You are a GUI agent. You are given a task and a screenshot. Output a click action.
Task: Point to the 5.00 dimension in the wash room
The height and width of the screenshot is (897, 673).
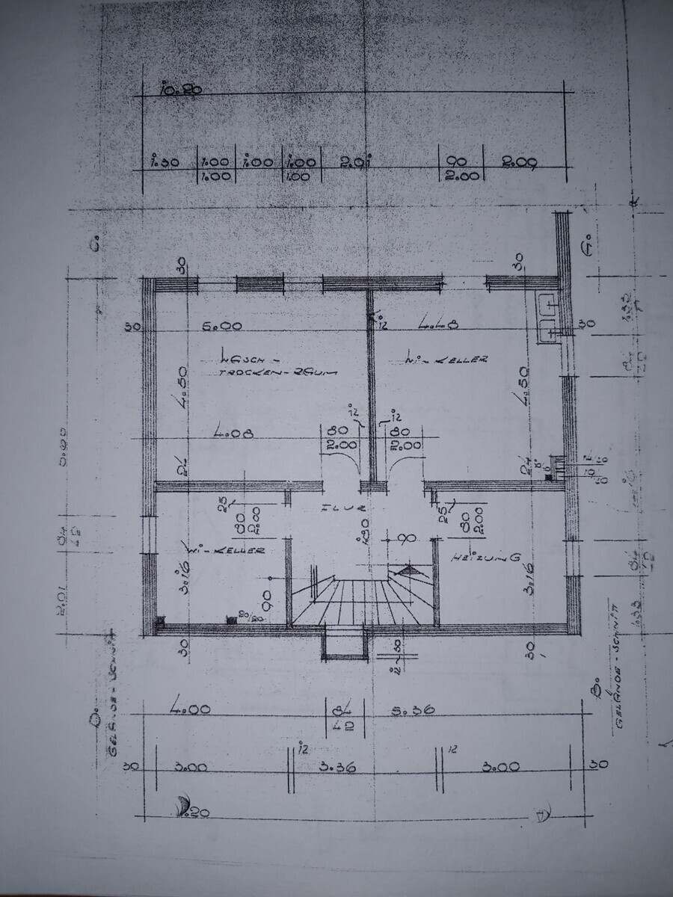pos(223,327)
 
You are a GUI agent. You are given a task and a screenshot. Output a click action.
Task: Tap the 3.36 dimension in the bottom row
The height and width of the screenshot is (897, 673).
pos(336,766)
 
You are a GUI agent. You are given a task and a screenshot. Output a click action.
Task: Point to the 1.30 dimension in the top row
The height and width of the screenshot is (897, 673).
pos(164,161)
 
